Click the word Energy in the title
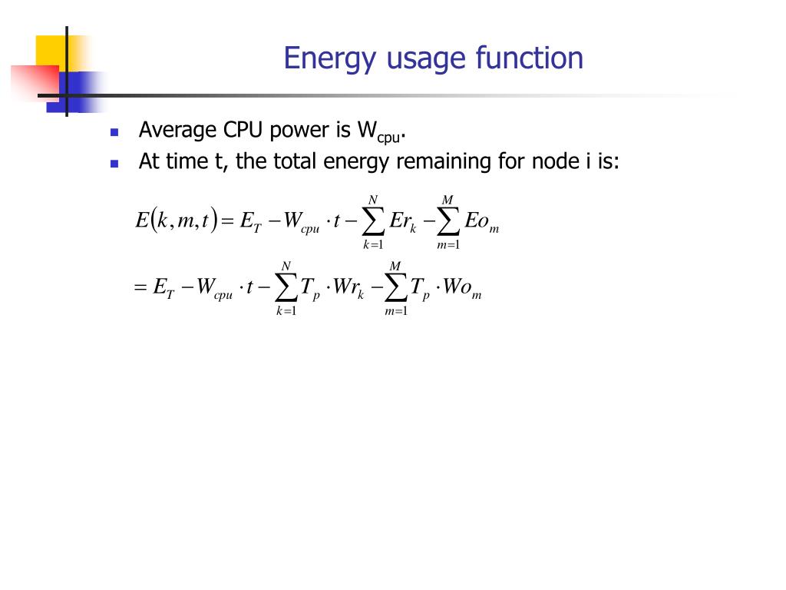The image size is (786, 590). point(320,59)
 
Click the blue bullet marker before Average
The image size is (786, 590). point(114,132)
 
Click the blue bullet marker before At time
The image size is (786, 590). point(114,164)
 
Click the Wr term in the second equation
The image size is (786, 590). point(348,288)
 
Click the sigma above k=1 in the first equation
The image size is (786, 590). point(373,223)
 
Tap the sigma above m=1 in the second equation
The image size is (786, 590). point(395,289)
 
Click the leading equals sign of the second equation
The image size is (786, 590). point(140,289)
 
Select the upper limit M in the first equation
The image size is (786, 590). point(447,201)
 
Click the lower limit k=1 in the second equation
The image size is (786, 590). point(286,311)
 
